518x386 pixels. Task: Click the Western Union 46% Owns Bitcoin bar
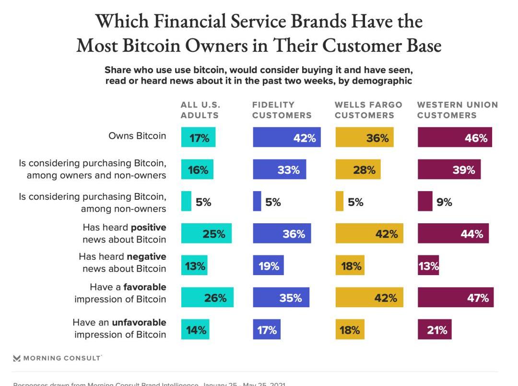455,137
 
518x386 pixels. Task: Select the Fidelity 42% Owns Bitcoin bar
286,137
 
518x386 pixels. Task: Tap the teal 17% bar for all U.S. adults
198,137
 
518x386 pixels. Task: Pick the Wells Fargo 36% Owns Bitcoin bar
364,137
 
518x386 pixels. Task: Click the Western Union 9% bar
425,201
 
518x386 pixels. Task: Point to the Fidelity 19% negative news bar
268,265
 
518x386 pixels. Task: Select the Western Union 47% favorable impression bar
455,298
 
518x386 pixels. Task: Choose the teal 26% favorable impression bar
207,298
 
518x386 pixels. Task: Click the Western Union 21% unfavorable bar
435,329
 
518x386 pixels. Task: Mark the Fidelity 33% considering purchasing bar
279,169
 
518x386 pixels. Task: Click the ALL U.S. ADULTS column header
200,110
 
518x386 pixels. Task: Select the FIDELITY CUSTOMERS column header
282,110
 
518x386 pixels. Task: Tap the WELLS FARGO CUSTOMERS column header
368,110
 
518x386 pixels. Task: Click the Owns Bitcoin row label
137,135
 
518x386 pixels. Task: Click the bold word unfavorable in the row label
139,323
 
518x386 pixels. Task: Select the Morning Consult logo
57,358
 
